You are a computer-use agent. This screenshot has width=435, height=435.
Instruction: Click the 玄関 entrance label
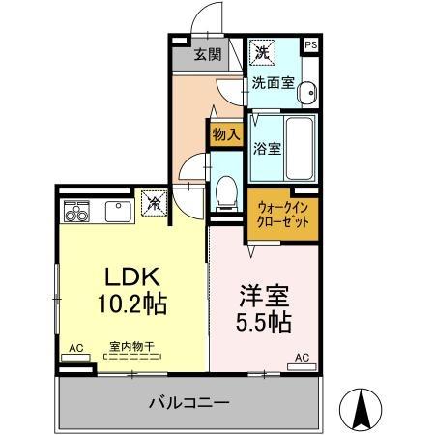tap(207, 54)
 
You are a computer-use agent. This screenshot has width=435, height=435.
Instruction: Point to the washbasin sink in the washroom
tap(305, 94)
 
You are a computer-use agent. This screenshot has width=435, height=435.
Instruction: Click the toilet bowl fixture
tap(225, 193)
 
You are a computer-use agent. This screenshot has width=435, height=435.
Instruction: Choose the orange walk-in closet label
tap(284, 215)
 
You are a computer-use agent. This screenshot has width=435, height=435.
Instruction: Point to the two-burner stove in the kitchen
tap(77, 211)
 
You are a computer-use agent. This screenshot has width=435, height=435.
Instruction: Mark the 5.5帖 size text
tap(264, 322)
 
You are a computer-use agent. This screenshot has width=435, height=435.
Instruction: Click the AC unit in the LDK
tap(74, 357)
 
